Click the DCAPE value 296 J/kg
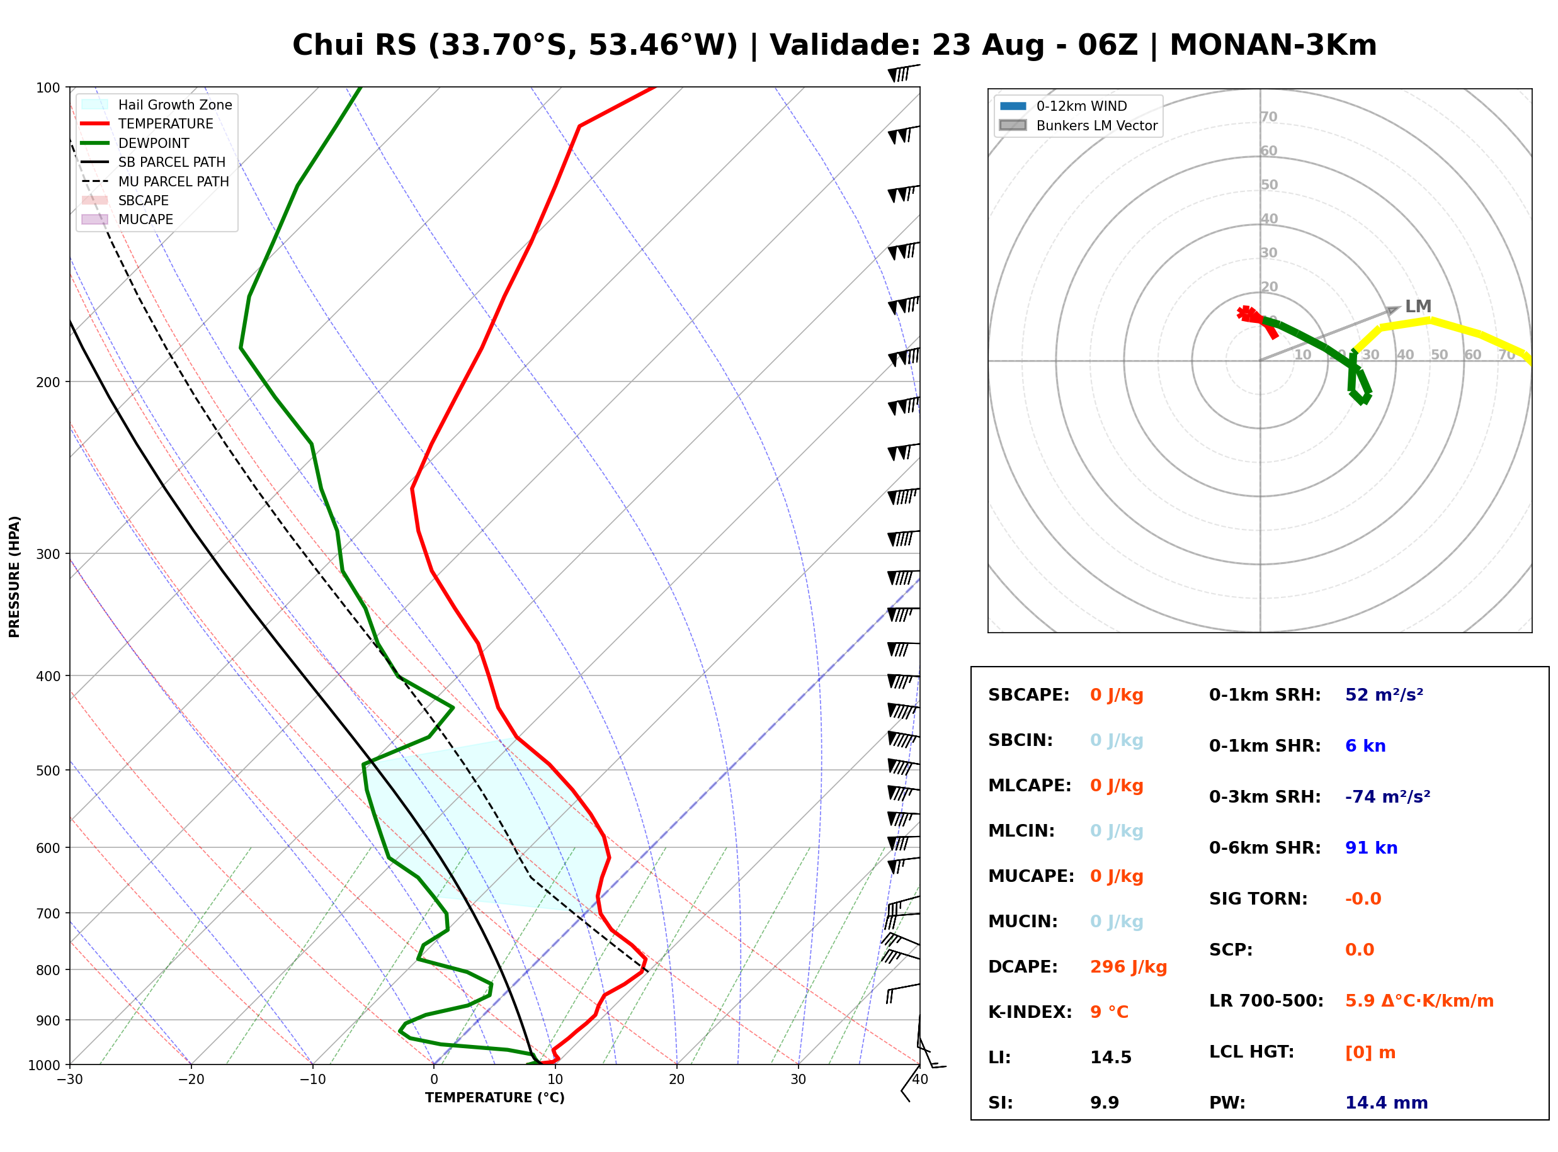(1128, 966)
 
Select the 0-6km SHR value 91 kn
(1371, 847)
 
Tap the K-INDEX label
(1030, 1012)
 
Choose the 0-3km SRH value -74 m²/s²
(1387, 796)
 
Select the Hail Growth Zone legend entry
(157, 104)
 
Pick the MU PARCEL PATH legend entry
(156, 181)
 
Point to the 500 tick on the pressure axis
(48, 771)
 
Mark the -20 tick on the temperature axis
(191, 1080)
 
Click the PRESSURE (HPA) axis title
(14, 577)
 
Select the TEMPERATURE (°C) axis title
(494, 1098)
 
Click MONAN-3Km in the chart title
(1273, 45)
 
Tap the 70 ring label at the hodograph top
(1268, 116)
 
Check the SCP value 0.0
(1359, 950)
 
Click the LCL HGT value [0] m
(1370, 1053)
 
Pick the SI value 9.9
(1105, 1102)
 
